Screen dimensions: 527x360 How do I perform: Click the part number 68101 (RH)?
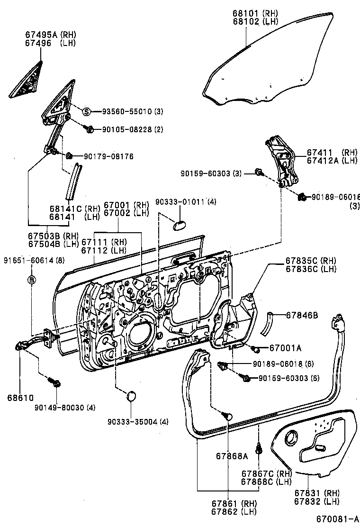255,13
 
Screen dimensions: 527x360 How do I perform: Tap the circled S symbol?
86,111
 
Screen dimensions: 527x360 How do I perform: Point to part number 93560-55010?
126,112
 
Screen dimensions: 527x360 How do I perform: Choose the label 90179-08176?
108,156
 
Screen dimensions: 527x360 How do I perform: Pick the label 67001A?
285,348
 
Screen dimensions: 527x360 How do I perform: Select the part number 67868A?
232,456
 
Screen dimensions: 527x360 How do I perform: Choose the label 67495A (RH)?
51,35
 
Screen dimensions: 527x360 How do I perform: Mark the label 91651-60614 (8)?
34,260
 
